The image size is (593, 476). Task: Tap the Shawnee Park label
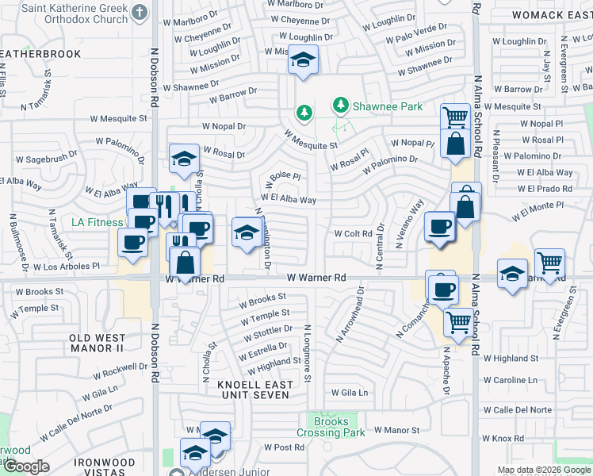coord(377,106)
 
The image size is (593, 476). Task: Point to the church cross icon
coord(140,12)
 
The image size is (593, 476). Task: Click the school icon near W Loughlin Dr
coord(302,60)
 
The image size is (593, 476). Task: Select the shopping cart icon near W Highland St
coord(457,323)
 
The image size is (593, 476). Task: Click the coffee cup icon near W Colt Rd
coord(438,226)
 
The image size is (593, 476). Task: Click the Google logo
coord(26,466)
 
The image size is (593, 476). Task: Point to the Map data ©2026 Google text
coord(544,470)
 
